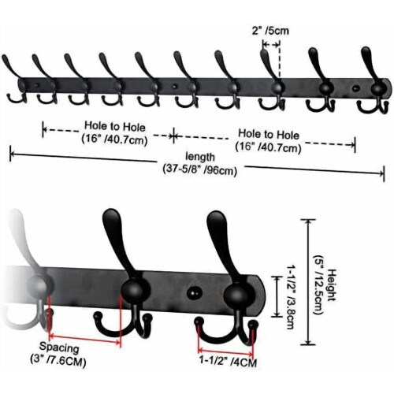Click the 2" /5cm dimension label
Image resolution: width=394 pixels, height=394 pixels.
(270, 31)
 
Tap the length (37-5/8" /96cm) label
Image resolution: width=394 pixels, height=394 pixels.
(200, 164)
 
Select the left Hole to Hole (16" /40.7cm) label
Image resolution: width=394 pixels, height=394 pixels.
(114, 133)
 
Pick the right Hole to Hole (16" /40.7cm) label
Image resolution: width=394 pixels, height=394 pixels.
(268, 141)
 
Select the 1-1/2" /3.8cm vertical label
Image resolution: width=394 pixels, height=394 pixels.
(291, 296)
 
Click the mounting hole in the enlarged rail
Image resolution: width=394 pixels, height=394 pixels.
(194, 293)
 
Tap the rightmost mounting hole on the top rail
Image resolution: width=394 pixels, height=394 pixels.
(355, 88)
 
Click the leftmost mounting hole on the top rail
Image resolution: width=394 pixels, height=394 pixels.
(38, 85)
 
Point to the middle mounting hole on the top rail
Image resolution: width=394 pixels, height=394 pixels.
(173, 86)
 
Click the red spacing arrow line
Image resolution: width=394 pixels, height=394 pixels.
(85, 339)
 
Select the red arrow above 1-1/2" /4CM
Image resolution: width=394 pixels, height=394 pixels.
(225, 351)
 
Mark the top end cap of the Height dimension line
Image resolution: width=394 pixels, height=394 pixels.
(307, 220)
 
